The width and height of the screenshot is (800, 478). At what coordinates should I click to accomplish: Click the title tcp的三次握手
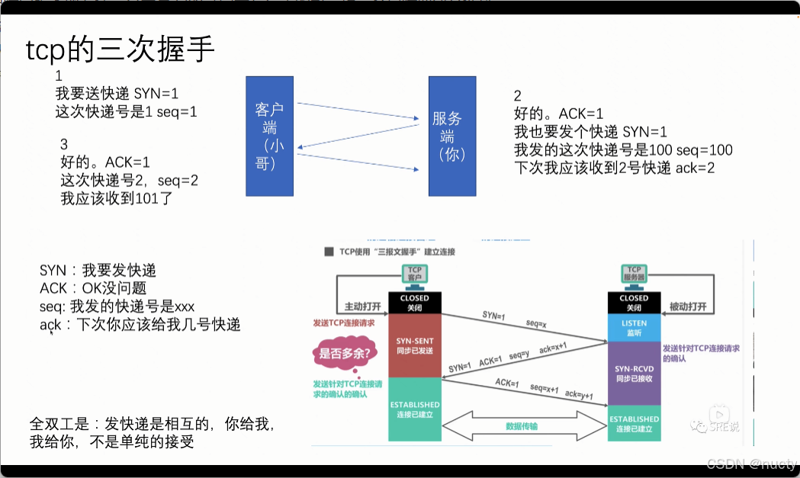(x=120, y=50)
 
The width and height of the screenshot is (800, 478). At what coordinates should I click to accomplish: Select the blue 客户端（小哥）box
(x=271, y=134)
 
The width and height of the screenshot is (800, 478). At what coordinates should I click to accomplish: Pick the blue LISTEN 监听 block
(x=634, y=328)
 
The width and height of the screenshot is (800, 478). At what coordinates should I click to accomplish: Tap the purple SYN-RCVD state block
(x=634, y=372)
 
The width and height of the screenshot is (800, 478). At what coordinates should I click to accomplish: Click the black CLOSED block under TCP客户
(x=415, y=302)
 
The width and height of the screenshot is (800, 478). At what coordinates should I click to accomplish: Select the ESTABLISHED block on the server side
(x=634, y=424)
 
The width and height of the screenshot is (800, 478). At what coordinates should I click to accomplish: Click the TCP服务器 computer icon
(x=634, y=272)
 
